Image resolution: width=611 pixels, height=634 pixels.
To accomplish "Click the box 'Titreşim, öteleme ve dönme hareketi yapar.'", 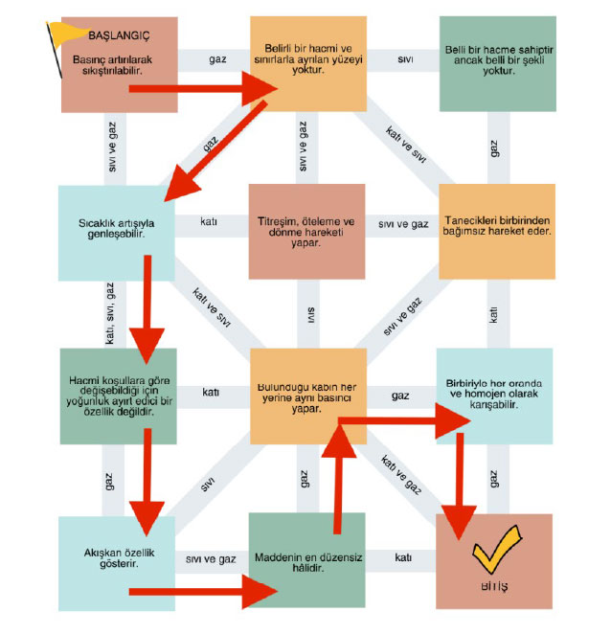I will point(307,231).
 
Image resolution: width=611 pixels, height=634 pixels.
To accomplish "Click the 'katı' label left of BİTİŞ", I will point(403,558).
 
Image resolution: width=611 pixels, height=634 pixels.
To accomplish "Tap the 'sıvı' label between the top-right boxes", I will point(405,60).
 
